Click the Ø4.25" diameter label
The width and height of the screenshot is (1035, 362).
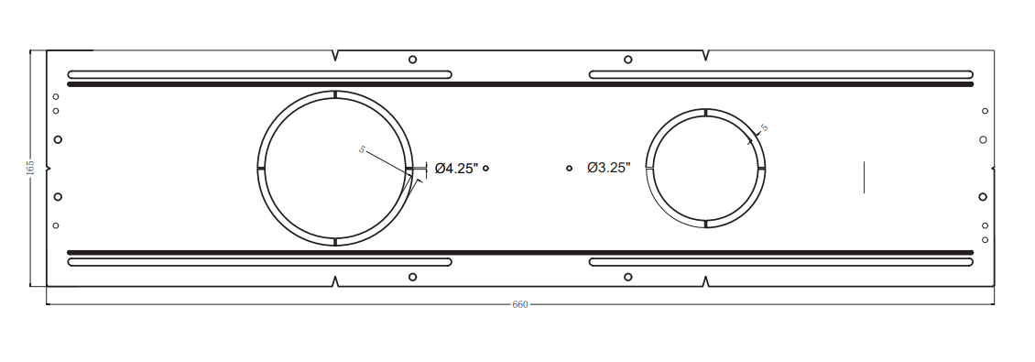pyautogui.click(x=456, y=168)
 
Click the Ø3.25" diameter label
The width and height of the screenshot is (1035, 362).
pyautogui.click(x=608, y=168)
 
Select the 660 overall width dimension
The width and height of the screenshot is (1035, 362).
pyautogui.click(x=520, y=304)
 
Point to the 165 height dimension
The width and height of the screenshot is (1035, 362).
pyautogui.click(x=30, y=168)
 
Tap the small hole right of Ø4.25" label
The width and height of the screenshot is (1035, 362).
pyautogui.click(x=486, y=168)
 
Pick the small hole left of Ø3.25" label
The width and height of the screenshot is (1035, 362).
pyautogui.click(x=570, y=168)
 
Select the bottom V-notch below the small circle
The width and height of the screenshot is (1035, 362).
pyautogui.click(x=706, y=280)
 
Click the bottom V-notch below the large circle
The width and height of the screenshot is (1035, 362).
pyautogui.click(x=335, y=280)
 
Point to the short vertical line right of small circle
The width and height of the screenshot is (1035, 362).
pyautogui.click(x=865, y=176)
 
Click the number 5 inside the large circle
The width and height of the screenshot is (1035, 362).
pyautogui.click(x=362, y=149)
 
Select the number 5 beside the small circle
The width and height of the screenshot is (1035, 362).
pyautogui.click(x=764, y=127)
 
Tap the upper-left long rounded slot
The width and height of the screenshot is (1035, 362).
pyautogui.click(x=259, y=74)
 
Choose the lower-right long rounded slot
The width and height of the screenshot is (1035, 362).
pyautogui.click(x=781, y=262)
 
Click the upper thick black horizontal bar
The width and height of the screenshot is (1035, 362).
pyautogui.click(x=520, y=84)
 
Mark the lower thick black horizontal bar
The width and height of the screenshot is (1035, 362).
pyautogui.click(x=520, y=252)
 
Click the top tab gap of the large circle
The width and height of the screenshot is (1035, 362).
pyautogui.click(x=335, y=93)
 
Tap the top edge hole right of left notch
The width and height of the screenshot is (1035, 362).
pyautogui.click(x=412, y=60)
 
